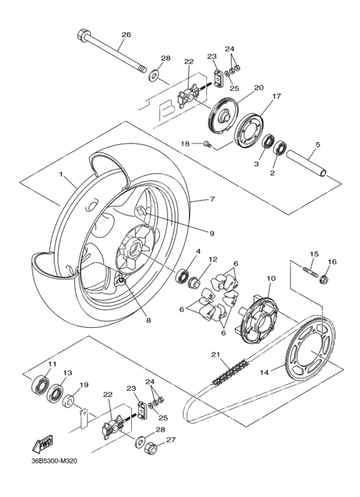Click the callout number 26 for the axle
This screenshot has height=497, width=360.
[126, 35]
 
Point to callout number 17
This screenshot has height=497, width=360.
[276, 96]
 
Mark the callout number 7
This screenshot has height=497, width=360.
[212, 200]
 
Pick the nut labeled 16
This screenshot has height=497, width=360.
[325, 279]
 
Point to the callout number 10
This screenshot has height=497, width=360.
[271, 278]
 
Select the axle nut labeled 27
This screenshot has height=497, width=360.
[154, 447]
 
